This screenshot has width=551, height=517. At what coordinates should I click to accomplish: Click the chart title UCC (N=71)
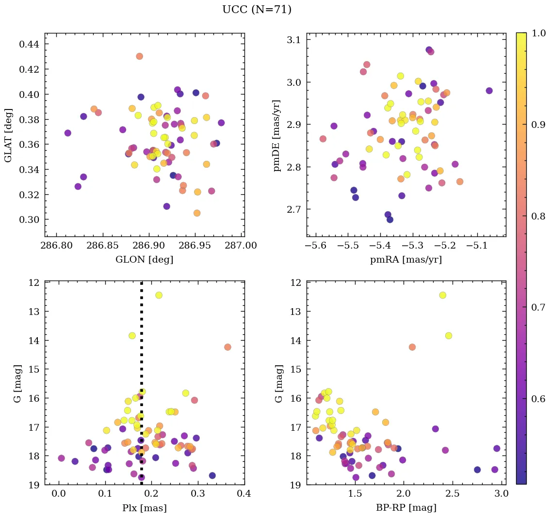[257, 10]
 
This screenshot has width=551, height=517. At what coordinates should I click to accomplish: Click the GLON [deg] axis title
[144, 260]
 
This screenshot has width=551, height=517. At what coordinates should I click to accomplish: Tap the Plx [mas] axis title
[144, 508]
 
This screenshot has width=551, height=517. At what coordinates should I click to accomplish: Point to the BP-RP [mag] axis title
[406, 508]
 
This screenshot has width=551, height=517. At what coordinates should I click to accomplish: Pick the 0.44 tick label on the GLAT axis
[29, 44]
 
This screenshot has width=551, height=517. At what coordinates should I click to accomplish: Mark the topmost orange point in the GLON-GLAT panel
[140, 56]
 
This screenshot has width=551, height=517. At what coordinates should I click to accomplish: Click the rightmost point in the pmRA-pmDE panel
[489, 91]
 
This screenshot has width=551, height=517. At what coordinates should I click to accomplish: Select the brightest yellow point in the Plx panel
[159, 295]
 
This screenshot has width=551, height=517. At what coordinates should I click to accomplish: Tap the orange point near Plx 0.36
[227, 347]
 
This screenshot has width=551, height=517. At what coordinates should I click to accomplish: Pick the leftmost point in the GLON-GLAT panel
[68, 133]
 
